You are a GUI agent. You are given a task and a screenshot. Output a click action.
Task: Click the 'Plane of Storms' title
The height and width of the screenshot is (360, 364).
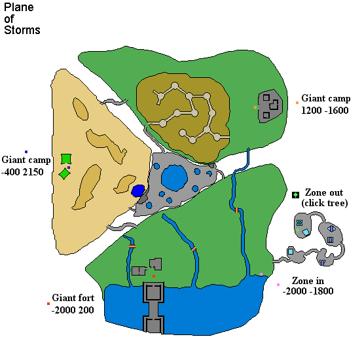[22, 19]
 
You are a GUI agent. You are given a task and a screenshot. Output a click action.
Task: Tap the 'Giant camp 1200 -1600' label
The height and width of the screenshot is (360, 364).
[325, 104]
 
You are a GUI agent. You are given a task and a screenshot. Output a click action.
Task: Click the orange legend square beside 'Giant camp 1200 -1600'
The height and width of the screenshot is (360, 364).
[297, 103]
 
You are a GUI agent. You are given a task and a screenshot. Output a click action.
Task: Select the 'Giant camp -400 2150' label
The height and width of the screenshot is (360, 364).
[26, 166]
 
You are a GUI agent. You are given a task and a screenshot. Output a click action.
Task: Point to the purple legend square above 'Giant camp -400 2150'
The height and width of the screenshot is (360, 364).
[26, 152]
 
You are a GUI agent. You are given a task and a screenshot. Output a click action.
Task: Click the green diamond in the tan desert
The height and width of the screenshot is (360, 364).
[65, 173]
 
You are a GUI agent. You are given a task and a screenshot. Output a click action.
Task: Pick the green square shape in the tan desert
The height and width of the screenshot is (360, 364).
[66, 159]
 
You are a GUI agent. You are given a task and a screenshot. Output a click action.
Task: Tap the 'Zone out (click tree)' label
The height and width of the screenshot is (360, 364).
[325, 198]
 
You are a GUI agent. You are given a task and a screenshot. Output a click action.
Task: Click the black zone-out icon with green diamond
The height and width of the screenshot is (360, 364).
[295, 195]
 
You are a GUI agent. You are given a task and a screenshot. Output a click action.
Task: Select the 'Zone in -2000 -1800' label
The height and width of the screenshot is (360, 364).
[308, 286]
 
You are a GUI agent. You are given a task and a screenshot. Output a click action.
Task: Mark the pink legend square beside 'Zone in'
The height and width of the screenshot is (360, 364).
[278, 285]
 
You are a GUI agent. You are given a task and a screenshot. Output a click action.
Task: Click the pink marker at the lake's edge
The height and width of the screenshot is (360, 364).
[261, 274]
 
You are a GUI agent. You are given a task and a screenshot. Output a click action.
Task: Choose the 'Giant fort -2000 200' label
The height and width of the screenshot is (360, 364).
[73, 304]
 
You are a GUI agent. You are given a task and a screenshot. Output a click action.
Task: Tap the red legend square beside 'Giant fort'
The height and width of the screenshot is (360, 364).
[48, 304]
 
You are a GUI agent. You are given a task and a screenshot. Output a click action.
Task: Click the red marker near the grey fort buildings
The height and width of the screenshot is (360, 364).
[154, 276]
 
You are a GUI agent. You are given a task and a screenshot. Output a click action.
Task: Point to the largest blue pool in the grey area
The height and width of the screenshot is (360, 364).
[174, 178]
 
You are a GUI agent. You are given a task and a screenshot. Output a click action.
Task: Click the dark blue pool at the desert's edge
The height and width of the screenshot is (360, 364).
[138, 190]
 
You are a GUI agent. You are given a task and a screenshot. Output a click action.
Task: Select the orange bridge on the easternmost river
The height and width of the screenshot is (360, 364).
[236, 210]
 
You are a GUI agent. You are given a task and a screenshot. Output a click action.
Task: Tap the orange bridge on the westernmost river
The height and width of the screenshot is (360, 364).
[132, 246]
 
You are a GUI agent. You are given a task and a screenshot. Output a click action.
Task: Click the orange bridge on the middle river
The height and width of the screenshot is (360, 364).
[194, 249]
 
